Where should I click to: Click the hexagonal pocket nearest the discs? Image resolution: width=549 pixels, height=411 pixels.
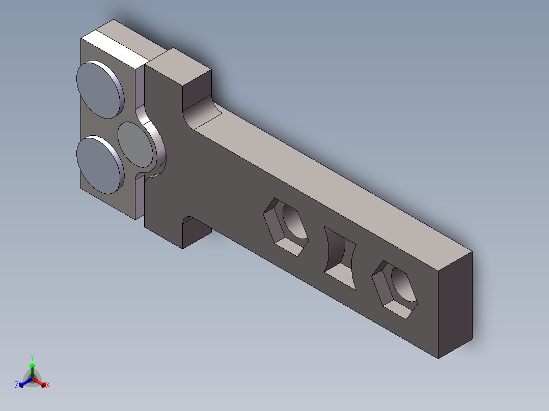click(285, 227)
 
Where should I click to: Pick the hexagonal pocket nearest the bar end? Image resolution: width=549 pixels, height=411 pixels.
click(394, 289)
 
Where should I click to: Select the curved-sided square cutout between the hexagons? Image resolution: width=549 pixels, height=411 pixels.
click(340, 258)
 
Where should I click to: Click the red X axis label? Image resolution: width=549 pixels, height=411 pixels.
click(48, 385)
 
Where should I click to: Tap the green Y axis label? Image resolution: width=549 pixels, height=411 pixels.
click(32, 358)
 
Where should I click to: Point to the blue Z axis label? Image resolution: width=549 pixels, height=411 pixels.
click(17, 385)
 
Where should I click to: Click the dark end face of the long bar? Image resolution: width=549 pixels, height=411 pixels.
click(455, 304)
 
